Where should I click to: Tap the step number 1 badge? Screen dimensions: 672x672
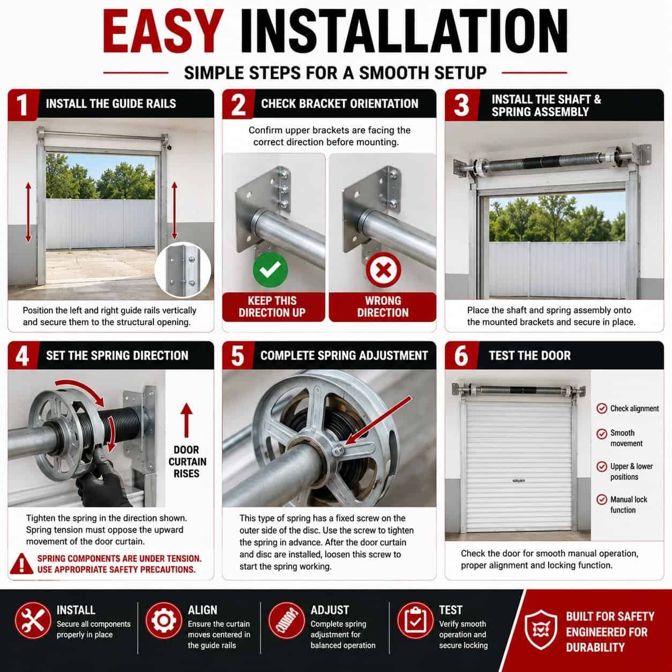tap(23, 104)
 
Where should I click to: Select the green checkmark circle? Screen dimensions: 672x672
tap(270, 270)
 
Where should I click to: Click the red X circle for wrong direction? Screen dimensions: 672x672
tap(383, 270)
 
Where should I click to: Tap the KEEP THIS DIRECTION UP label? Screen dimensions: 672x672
tap(272, 307)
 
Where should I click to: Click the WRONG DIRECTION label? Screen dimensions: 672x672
tap(383, 307)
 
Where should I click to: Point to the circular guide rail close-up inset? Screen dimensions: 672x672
tap(183, 270)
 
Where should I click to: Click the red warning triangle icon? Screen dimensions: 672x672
tap(21, 564)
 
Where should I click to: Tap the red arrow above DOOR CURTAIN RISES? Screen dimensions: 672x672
tap(186, 420)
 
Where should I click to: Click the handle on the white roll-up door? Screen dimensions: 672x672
tap(519, 481)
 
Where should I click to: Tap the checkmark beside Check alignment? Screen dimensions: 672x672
tap(602, 408)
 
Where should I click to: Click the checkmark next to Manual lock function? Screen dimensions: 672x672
tap(602, 499)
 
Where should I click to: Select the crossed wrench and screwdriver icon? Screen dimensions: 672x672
tap(33, 621)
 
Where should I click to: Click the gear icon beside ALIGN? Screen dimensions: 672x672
tap(164, 621)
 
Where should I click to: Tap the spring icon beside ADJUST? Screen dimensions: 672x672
tap(286, 621)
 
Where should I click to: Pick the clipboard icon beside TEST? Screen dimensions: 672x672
tap(415, 621)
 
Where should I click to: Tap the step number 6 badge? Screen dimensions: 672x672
tap(461, 356)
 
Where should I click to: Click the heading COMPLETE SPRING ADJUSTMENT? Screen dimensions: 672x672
tap(344, 355)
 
